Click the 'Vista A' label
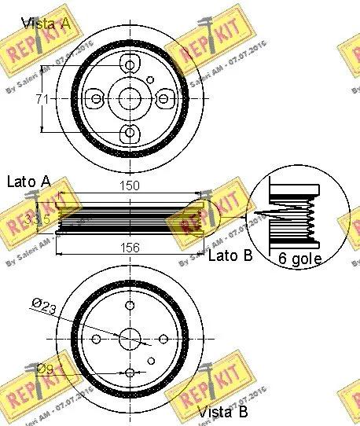(46, 24)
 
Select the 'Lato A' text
(28, 182)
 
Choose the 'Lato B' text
(229, 255)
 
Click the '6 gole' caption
(301, 257)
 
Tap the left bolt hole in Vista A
(96, 97)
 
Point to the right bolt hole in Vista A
(163, 97)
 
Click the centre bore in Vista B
(129, 339)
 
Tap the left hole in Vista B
(95, 339)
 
